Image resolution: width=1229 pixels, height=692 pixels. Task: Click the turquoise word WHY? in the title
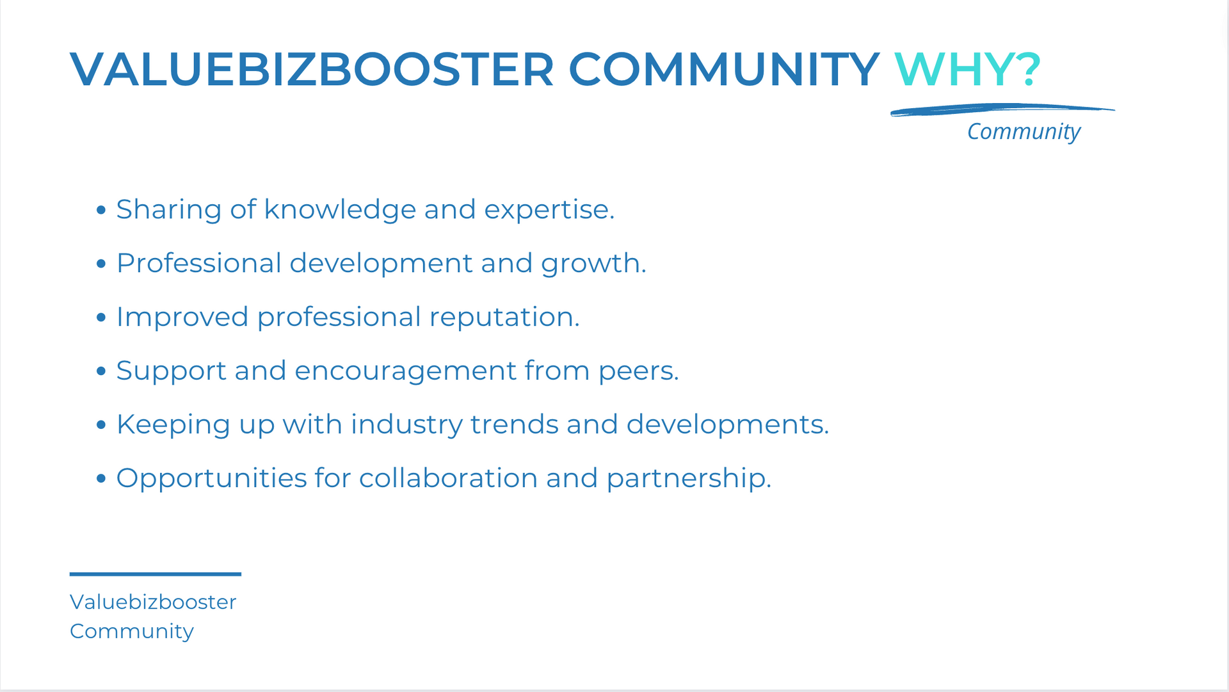point(967,69)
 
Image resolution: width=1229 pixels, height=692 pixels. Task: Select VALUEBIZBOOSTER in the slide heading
point(312,69)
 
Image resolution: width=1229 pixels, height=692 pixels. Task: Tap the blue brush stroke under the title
point(1002,110)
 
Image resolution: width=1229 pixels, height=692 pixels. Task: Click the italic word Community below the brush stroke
point(1024,132)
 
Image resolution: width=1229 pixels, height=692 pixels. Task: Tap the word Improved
point(182,318)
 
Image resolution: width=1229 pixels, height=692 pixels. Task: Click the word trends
point(515,424)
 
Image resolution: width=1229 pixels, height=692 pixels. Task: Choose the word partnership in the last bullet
point(689,479)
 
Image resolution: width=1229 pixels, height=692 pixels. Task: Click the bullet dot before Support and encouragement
point(100,371)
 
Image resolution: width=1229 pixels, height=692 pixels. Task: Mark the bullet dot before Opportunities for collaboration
point(100,478)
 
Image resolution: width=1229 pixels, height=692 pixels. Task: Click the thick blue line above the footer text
point(156,574)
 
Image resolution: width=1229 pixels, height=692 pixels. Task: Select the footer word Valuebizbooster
point(153,602)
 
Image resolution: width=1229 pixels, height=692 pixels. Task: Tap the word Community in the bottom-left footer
point(132,632)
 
